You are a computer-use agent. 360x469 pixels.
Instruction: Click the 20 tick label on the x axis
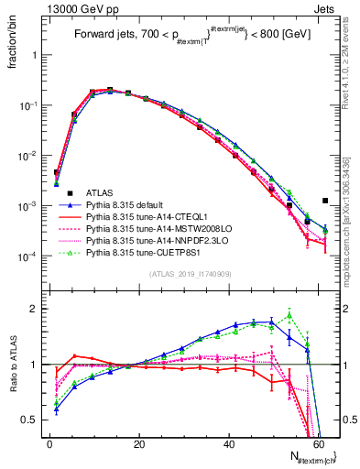[139, 442]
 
